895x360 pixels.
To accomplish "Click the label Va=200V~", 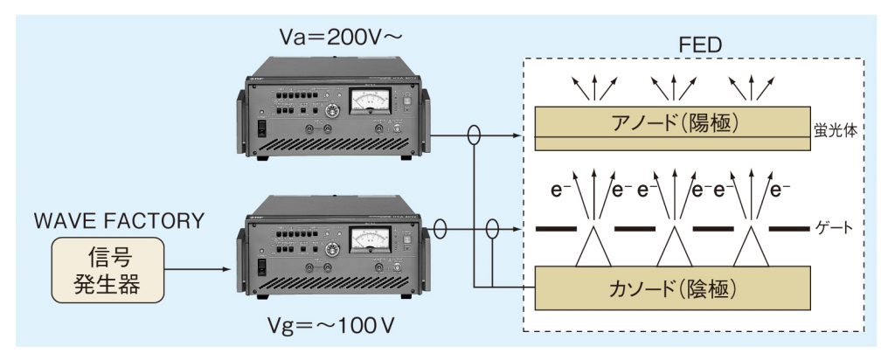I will [331, 36].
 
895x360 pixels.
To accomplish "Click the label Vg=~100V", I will [330, 329].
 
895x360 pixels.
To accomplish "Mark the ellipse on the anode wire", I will [475, 136].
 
